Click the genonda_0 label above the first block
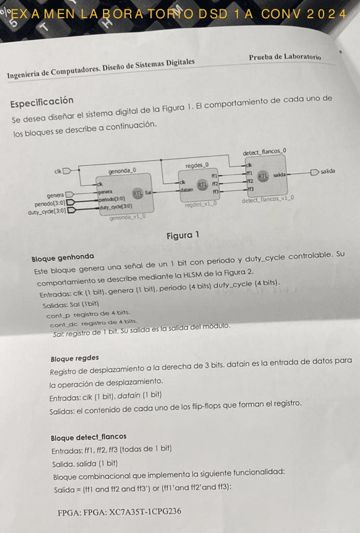click(122, 170)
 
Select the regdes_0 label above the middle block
click(197, 165)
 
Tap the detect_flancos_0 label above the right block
click(264, 151)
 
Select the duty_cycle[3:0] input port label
click(46, 211)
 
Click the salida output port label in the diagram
click(327, 171)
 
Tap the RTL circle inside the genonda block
click(137, 193)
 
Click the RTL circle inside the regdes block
click(202, 185)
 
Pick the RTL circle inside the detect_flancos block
click(263, 177)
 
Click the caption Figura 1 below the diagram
click(182, 235)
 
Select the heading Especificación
click(41, 102)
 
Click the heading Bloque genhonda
click(63, 256)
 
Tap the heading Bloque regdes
click(74, 358)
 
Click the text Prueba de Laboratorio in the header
click(285, 57)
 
